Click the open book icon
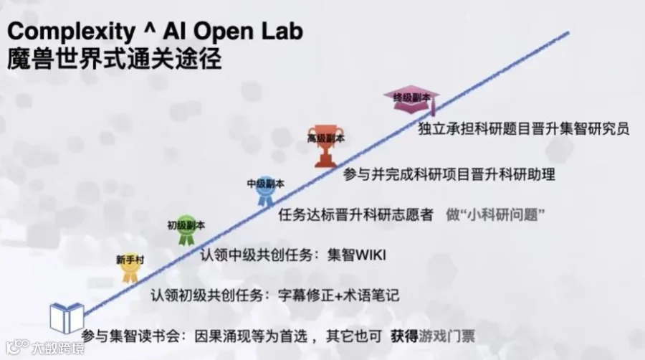(67, 318)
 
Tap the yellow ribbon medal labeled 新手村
(130, 268)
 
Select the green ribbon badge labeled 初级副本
(186, 230)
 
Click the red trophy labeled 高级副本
(326, 146)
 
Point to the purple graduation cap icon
(411, 99)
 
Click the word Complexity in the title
(71, 32)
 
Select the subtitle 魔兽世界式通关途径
(115, 59)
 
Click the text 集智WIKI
(357, 255)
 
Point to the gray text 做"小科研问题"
(496, 214)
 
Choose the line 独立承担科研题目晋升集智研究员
(524, 129)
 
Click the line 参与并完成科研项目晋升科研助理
(449, 174)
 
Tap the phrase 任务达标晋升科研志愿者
(355, 214)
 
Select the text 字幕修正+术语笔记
(338, 295)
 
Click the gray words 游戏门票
(447, 336)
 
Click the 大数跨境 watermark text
(58, 349)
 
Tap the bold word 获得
(405, 336)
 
